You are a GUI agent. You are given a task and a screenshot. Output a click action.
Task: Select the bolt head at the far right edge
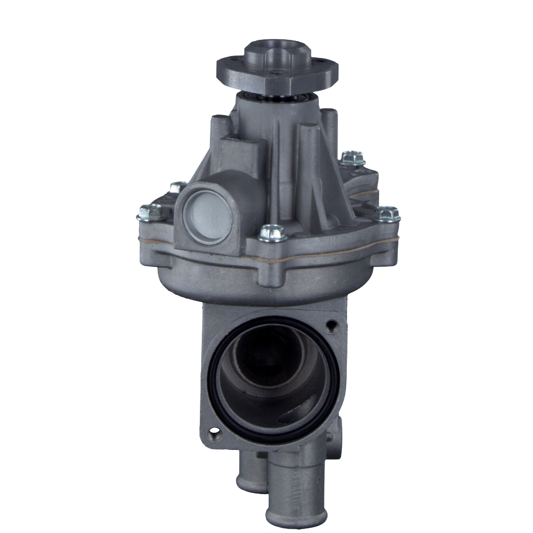point(388,214)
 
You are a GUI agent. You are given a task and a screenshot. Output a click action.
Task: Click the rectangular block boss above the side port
point(242,151)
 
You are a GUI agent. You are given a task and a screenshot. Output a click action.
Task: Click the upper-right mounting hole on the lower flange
point(332,324)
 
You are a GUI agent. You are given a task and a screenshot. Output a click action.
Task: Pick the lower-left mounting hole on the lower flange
point(214,432)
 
